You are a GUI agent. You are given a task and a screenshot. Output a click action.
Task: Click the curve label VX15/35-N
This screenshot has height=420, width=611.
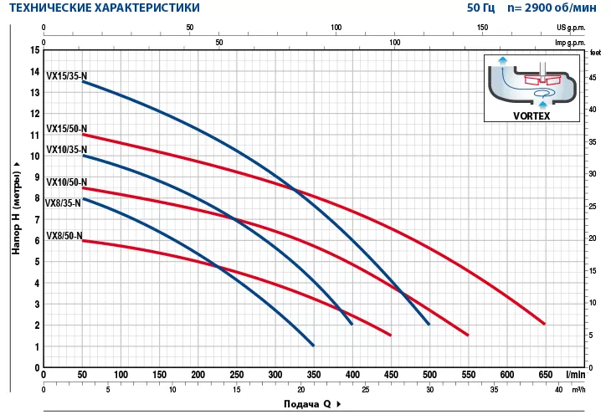tap(66, 74)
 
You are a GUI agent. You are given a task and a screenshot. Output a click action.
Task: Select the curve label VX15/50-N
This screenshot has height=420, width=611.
tap(66, 129)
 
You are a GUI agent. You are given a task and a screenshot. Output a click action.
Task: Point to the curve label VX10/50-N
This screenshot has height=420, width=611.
tap(66, 182)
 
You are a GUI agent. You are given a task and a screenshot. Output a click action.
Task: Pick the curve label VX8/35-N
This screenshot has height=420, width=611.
tap(64, 202)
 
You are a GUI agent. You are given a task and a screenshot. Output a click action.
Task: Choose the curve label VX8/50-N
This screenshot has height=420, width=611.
tap(64, 236)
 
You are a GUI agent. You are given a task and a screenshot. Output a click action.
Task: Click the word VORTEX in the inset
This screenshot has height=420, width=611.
tap(531, 116)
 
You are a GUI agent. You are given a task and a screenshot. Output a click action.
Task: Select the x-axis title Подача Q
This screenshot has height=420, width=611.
tap(305, 404)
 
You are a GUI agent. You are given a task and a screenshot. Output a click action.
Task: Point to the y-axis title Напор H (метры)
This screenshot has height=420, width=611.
tap(15, 205)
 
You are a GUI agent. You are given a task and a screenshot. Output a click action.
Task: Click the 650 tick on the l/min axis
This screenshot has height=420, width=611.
tap(545, 375)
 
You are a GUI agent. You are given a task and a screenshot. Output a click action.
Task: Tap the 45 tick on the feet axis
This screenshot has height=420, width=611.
tap(593, 78)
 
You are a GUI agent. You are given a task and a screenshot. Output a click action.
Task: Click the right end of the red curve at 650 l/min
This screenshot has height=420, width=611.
tap(545, 324)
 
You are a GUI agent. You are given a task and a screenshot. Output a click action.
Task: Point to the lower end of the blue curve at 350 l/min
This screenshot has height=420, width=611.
tap(313, 345)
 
